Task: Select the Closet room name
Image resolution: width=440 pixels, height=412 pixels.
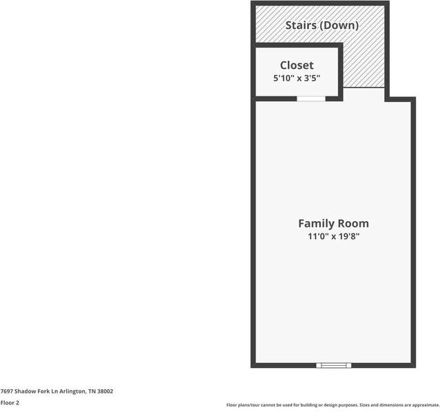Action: coord(297,65)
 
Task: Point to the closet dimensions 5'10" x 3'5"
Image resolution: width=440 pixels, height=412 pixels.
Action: coord(297,79)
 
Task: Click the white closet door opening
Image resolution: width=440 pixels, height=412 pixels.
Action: coord(311,99)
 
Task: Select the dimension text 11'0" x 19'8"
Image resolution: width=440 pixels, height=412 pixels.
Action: coord(333,237)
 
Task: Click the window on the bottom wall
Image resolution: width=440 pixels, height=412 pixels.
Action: coord(333,364)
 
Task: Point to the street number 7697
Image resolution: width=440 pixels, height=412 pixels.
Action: coord(8,391)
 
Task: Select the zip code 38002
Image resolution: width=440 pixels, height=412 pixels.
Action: coord(105,391)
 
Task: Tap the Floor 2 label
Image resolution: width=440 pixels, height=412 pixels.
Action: coord(10,403)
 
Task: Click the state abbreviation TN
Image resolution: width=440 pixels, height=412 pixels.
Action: coord(92,391)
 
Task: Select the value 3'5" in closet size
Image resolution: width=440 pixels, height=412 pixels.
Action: coord(311,79)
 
